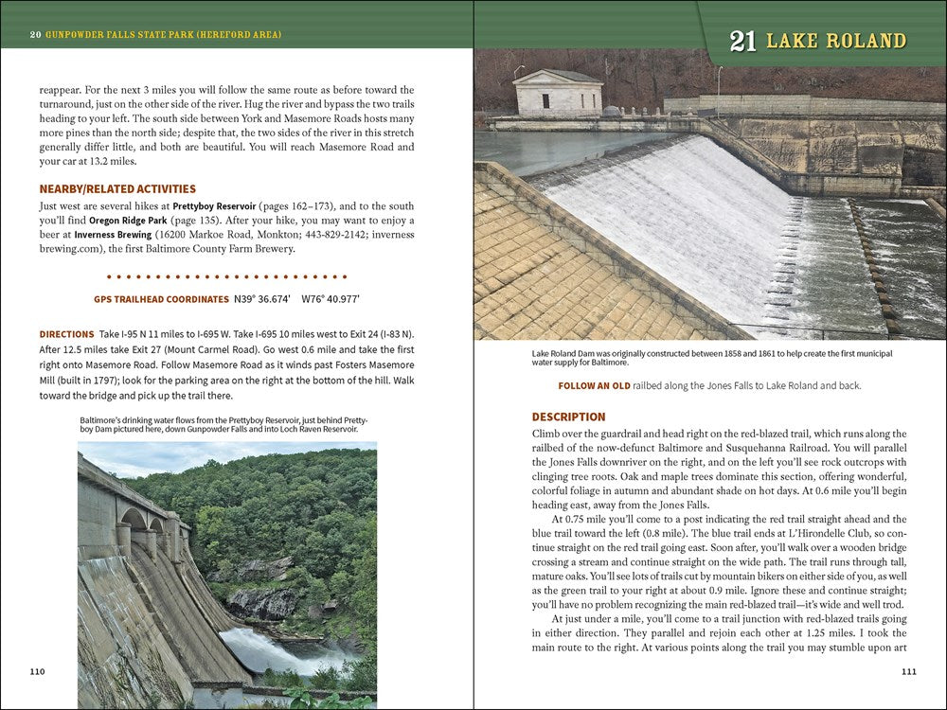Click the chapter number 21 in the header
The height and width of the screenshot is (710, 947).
click(742, 41)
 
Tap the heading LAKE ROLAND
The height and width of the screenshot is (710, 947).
click(835, 41)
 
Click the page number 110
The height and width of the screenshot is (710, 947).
click(37, 671)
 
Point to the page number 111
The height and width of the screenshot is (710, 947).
click(908, 671)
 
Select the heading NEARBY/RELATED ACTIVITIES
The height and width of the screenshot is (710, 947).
click(117, 188)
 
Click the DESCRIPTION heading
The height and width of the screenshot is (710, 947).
click(568, 417)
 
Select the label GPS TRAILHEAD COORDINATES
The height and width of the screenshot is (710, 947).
click(161, 299)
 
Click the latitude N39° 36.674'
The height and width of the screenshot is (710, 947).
click(262, 299)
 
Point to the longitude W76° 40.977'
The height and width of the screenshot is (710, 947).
click(331, 299)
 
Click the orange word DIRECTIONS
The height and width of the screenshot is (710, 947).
click(66, 334)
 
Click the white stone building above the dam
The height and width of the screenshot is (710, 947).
click(557, 93)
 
